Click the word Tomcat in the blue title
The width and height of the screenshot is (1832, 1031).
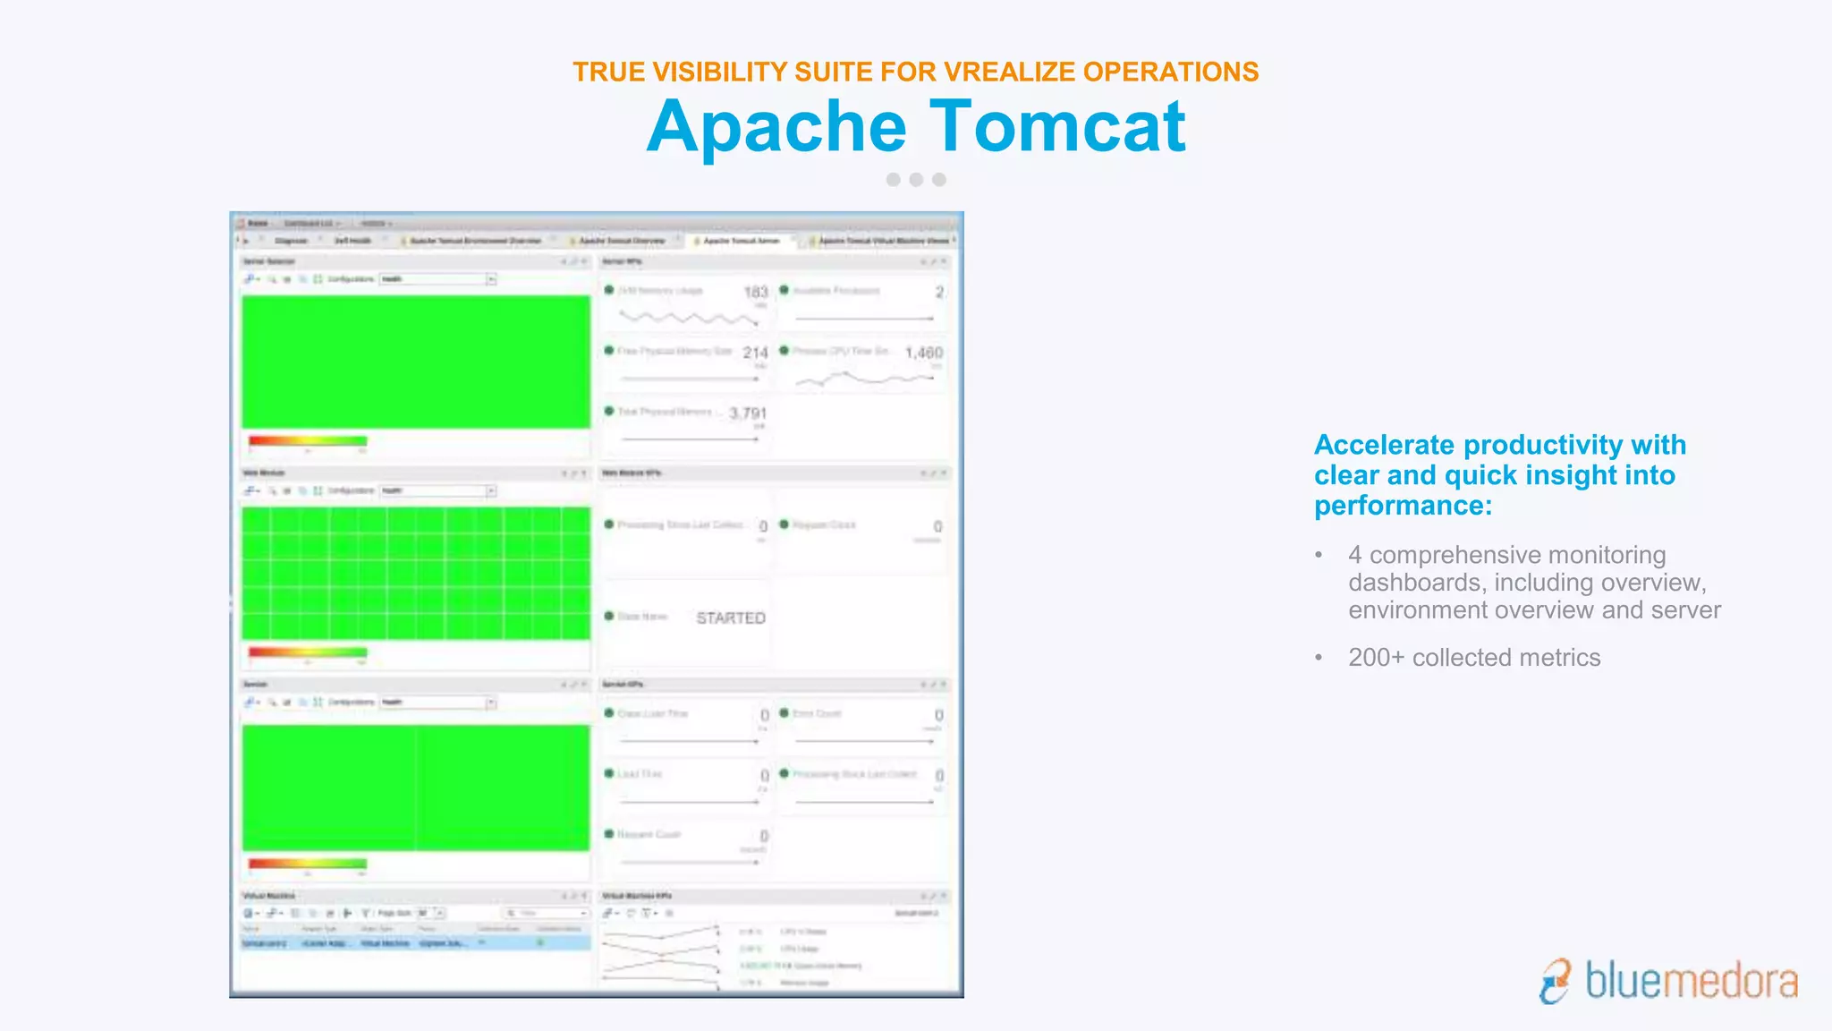coord(1058,126)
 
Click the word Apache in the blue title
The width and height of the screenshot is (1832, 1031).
coord(776,126)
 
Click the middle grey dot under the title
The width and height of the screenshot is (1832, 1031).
coord(916,180)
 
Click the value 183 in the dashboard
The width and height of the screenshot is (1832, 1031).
coord(756,292)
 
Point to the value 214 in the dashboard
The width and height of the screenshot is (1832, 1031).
coord(755,353)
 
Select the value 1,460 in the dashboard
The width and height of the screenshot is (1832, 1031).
coord(923,353)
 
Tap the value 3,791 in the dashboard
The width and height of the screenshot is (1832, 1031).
coord(748,413)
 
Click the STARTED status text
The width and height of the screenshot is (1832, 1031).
coord(731,618)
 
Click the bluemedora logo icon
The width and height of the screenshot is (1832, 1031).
coord(1556,981)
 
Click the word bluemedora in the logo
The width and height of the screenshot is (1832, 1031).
coord(1691,981)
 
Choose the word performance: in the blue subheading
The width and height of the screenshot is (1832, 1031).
coord(1403,506)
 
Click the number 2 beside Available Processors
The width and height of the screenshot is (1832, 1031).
coord(939,292)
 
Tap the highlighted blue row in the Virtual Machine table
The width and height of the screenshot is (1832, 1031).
coord(415,943)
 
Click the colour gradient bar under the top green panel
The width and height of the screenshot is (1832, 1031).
coord(308,440)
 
